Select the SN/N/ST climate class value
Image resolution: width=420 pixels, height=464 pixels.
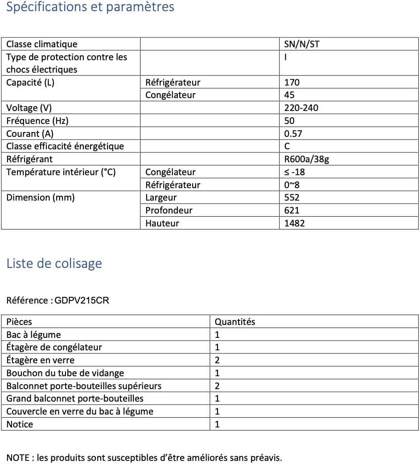pyautogui.click(x=301, y=44)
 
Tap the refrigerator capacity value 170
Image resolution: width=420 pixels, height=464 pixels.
pyautogui.click(x=292, y=82)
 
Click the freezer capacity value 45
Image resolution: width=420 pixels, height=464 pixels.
pyautogui.click(x=289, y=95)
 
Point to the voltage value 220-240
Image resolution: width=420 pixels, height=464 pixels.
pyautogui.click(x=301, y=108)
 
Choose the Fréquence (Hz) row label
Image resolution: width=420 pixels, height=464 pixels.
pyautogui.click(x=37, y=121)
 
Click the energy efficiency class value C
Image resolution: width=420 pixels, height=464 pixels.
pyautogui.click(x=287, y=146)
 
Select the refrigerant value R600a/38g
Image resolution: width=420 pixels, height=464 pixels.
pyautogui.click(x=307, y=159)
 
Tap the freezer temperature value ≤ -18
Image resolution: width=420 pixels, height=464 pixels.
pyautogui.click(x=295, y=172)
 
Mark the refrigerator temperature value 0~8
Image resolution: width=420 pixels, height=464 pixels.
pyautogui.click(x=292, y=185)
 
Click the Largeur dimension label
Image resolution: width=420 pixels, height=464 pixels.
pyautogui.click(x=161, y=197)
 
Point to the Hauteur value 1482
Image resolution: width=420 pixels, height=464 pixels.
pyautogui.click(x=295, y=223)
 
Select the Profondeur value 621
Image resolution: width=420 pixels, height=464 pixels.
pyautogui.click(x=292, y=210)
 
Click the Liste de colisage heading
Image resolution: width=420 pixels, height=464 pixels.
pyautogui.click(x=54, y=263)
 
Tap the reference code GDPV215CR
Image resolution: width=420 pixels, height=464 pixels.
pyautogui.click(x=82, y=300)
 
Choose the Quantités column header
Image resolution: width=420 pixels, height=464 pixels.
pyautogui.click(x=235, y=322)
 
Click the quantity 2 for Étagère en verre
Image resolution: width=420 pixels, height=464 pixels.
pyautogui.click(x=218, y=360)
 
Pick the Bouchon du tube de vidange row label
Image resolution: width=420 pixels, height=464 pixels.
pyautogui.click(x=65, y=373)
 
